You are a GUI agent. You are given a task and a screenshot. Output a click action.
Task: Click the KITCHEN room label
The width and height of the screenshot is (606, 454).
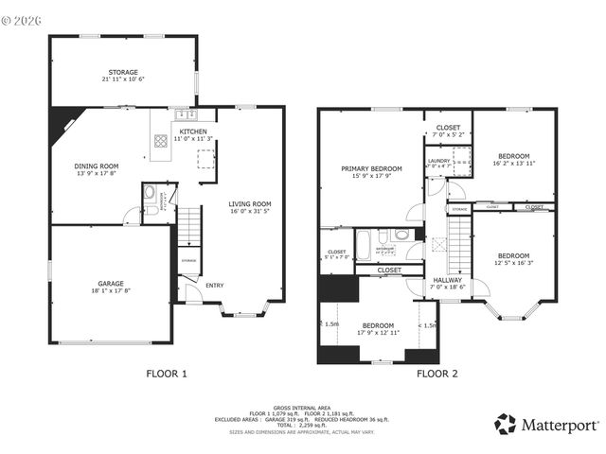click(x=193, y=131)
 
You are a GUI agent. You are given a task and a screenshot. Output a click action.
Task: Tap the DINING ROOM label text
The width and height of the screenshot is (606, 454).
click(x=97, y=166)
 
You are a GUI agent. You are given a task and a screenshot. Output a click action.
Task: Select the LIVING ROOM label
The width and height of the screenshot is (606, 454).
click(x=249, y=203)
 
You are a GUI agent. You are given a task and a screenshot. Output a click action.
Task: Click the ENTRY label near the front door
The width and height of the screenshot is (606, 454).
click(x=215, y=286)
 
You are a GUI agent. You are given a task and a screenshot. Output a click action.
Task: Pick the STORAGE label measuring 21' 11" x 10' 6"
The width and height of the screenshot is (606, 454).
click(x=122, y=73)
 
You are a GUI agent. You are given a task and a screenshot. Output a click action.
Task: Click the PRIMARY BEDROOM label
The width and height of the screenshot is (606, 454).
click(x=371, y=168)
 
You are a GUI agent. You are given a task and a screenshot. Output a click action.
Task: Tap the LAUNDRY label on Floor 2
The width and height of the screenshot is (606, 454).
click(x=438, y=161)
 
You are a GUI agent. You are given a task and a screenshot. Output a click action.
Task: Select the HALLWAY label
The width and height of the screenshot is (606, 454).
click(x=448, y=280)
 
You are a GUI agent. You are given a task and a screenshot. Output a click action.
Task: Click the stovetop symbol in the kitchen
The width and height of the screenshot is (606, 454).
click(x=161, y=143)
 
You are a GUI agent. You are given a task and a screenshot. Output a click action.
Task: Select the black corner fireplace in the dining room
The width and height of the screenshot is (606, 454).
click(x=63, y=118)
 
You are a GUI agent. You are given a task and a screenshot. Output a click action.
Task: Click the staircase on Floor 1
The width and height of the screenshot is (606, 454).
click(x=190, y=228)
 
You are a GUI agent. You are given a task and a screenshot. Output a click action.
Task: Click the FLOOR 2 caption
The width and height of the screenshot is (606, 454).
click(x=437, y=374)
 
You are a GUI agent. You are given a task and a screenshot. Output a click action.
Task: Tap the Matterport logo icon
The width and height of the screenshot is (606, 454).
click(x=506, y=424)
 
